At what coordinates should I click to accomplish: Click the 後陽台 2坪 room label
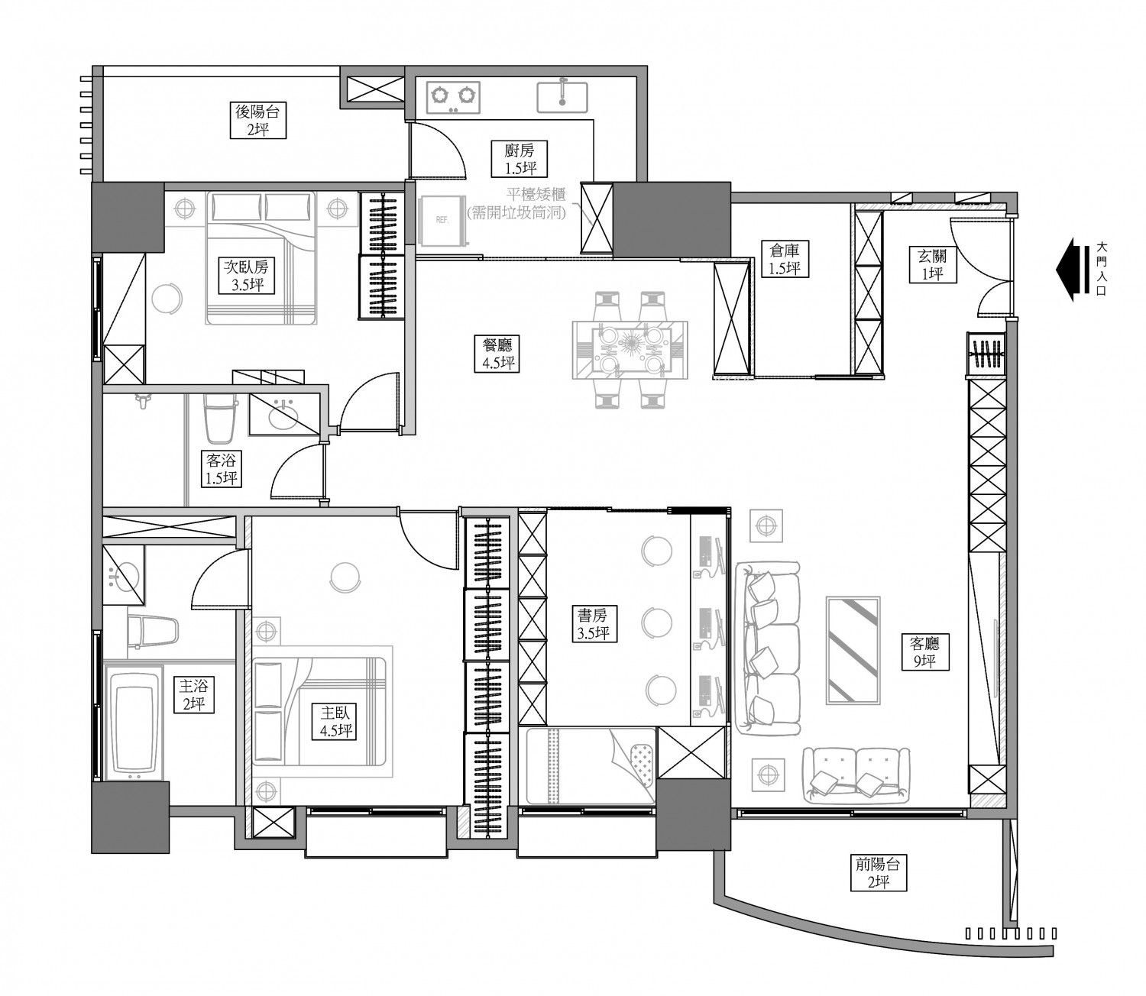257,121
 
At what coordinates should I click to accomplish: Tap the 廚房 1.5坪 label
520,159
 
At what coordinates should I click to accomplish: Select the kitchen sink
562,98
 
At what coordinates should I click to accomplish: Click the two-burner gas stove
453,97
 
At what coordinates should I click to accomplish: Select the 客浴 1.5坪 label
221,469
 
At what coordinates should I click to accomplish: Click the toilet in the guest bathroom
219,419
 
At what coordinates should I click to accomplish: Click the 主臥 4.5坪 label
335,722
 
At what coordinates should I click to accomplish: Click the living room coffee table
853,650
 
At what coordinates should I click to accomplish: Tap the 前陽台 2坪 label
879,873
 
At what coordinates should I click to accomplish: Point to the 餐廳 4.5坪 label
497,354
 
